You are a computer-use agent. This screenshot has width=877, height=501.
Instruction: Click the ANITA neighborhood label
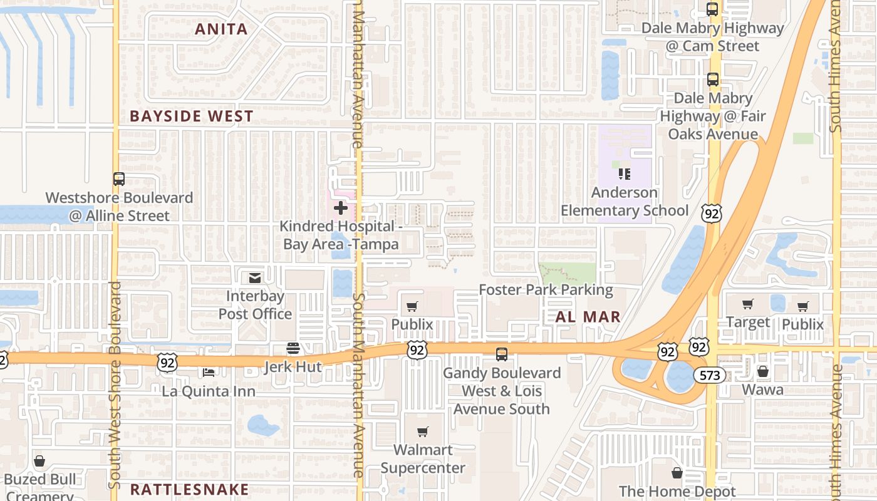click(x=221, y=29)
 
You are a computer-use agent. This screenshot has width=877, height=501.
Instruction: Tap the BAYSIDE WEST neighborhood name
click(x=192, y=116)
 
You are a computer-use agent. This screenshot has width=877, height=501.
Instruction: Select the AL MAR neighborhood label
click(x=588, y=317)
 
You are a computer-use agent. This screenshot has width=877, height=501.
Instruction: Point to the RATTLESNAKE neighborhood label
click(x=189, y=489)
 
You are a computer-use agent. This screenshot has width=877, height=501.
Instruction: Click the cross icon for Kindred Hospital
click(x=340, y=207)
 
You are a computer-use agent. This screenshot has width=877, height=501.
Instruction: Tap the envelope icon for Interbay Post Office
click(x=255, y=277)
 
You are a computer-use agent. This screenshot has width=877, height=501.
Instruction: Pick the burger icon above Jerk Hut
click(x=293, y=348)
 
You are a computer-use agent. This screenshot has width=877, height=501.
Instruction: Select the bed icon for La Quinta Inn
click(x=209, y=373)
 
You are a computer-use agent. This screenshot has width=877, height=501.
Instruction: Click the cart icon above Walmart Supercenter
click(x=423, y=431)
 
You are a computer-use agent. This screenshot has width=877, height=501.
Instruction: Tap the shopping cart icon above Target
click(x=747, y=304)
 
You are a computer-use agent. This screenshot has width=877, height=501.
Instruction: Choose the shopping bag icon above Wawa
click(x=762, y=371)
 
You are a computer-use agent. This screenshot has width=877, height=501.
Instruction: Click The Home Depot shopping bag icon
click(x=677, y=472)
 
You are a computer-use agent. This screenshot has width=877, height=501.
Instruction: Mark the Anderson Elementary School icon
click(x=624, y=173)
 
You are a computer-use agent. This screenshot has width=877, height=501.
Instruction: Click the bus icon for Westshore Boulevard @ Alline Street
click(x=119, y=179)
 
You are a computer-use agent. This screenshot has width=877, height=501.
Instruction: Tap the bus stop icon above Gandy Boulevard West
click(x=502, y=354)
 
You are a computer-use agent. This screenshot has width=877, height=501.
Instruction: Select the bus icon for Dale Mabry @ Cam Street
click(x=712, y=9)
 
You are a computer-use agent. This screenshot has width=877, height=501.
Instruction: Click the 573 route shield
click(x=709, y=375)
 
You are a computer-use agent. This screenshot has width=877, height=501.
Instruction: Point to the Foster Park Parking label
click(x=546, y=290)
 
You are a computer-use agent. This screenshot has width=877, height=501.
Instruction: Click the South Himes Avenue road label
click(x=835, y=66)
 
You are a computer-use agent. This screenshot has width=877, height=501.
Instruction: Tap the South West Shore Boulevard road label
click(x=115, y=385)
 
